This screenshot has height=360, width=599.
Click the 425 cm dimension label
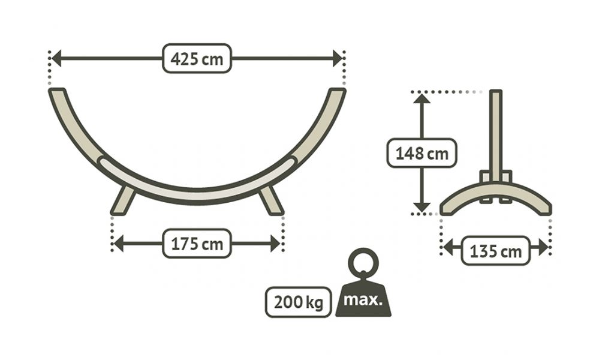pyautogui.click(x=197, y=58)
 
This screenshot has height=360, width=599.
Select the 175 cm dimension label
pyautogui.click(x=197, y=244)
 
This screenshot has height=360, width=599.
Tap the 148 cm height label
pyautogui.click(x=422, y=153)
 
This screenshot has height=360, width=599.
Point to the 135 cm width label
pyautogui.click(x=495, y=251)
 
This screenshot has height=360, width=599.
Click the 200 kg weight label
pyautogui.click(x=299, y=302)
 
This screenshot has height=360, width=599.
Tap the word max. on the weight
pyautogui.click(x=363, y=300)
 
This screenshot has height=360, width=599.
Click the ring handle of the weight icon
pyautogui.click(x=363, y=263)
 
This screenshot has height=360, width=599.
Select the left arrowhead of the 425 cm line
pyautogui.click(x=56, y=58)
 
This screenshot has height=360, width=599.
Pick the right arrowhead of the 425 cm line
pyautogui.click(x=338, y=58)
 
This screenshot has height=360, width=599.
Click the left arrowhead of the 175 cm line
pyautogui.click(x=119, y=244)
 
